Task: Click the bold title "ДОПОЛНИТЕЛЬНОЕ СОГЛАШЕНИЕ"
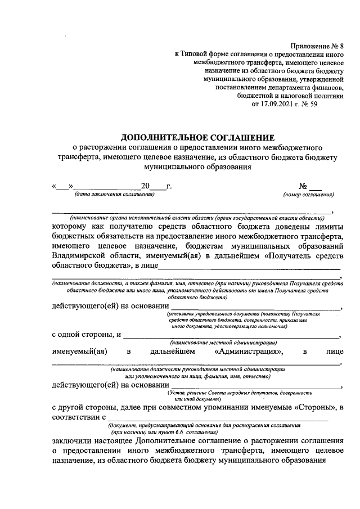tap(198, 137)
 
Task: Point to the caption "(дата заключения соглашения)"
tap(110, 195)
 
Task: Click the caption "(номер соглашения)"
tap(309, 195)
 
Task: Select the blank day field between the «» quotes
tap(62, 186)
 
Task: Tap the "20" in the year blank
tap(145, 186)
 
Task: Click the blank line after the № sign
tap(316, 186)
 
